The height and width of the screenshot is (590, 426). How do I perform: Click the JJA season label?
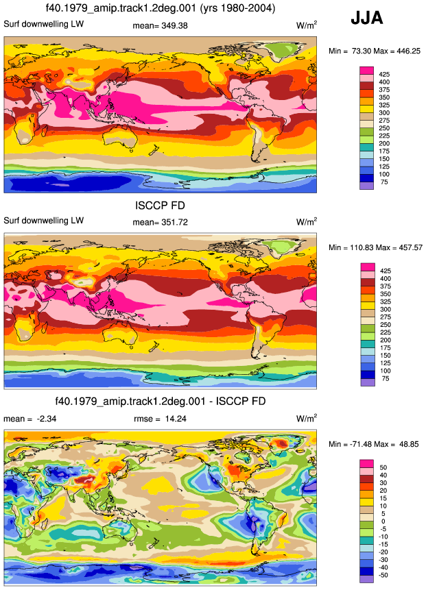(366, 18)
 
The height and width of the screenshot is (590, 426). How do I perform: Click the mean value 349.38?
(174, 25)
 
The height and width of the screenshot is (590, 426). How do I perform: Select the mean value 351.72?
(174, 222)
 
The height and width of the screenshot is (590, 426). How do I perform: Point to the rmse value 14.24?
(176, 419)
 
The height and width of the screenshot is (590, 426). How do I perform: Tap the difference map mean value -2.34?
(47, 419)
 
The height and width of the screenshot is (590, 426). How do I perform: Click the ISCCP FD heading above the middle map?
(160, 206)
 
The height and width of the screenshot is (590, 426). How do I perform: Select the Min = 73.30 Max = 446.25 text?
(375, 51)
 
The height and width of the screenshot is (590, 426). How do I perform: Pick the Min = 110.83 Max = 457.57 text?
(375, 247)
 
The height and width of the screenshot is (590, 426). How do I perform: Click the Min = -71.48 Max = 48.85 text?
(374, 444)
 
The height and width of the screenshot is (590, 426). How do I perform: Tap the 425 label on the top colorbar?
(384, 75)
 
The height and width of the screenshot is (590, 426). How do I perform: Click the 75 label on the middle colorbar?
(385, 378)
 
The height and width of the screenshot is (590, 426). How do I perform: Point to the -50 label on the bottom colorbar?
(383, 575)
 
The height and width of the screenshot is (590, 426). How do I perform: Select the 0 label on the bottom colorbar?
(383, 521)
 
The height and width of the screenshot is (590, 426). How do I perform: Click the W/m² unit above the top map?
(307, 25)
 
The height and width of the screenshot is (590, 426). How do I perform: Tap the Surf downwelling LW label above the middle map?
(44, 221)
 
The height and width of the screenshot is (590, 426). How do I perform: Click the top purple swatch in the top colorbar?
(366, 186)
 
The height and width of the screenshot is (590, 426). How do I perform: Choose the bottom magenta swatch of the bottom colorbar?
(366, 463)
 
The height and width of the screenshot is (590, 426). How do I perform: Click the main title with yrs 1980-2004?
(161, 8)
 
